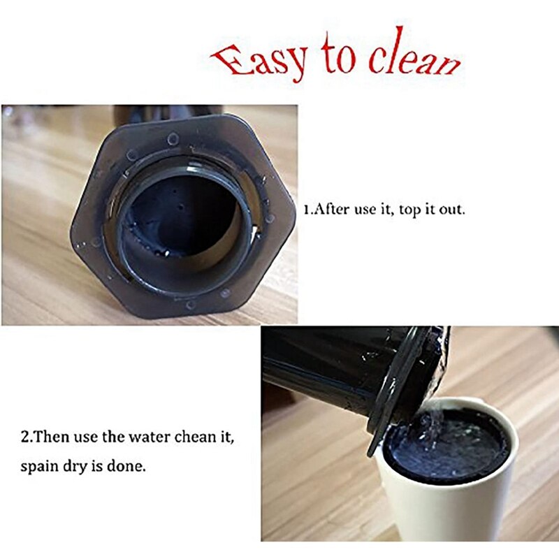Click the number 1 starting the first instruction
point(305,209)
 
